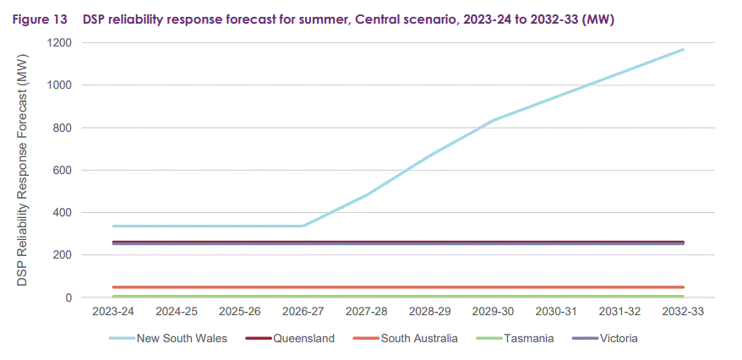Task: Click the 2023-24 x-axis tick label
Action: pos(112,311)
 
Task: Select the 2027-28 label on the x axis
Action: pos(366,311)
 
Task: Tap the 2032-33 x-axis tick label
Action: pos(683,311)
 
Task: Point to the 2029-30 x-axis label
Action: pos(493,311)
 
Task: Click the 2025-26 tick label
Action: pos(239,311)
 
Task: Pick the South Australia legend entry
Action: pos(419,339)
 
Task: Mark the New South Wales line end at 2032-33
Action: pos(683,50)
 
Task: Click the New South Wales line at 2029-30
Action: pos(493,120)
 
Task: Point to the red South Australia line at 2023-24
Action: pos(112,287)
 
